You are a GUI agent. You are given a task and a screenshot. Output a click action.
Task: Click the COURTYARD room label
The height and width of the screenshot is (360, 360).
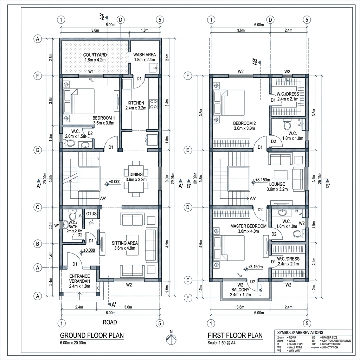(95, 55)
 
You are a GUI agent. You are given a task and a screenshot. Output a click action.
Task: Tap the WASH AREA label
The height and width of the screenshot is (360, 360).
(144, 55)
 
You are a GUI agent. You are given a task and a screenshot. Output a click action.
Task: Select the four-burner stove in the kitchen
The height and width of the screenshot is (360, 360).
(154, 104)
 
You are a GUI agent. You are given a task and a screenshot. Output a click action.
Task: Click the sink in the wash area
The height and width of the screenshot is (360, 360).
(152, 68)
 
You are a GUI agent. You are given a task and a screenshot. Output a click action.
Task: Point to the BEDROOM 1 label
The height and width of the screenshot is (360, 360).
(103, 118)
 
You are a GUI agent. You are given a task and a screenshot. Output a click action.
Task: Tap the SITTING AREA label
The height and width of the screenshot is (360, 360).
(124, 243)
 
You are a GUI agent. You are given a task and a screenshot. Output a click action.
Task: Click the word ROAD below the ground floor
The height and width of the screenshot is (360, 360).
(110, 322)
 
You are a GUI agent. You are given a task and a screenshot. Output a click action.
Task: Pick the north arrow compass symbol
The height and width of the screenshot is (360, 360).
(171, 338)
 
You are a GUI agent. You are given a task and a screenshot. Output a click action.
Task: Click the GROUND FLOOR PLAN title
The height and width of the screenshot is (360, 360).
(92, 335)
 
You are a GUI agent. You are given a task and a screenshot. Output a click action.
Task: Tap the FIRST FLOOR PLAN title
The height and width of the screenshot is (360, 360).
(235, 335)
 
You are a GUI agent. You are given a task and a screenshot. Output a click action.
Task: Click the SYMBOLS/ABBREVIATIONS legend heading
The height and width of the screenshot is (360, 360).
(300, 332)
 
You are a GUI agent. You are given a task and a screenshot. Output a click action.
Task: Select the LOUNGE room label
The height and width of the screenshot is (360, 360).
(277, 184)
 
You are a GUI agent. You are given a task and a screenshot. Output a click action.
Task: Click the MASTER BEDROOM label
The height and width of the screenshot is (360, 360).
(248, 226)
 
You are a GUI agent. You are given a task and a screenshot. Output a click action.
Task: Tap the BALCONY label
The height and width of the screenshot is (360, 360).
(240, 290)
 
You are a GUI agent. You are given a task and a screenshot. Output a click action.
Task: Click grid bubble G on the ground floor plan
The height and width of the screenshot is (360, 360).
(37, 150)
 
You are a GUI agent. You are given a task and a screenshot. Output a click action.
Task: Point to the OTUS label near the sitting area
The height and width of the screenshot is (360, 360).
(91, 213)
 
